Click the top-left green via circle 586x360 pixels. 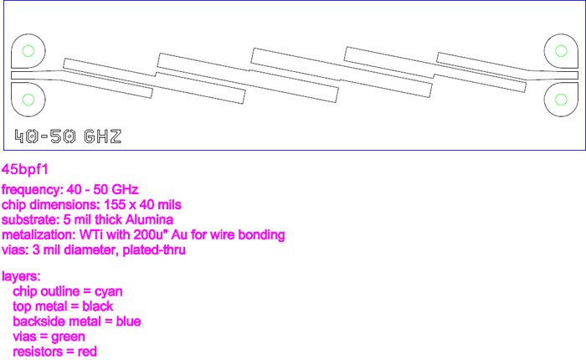pos(28,50)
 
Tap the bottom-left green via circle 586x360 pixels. pos(28,100)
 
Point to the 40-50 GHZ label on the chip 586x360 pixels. pos(68,136)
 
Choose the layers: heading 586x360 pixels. pos(21,276)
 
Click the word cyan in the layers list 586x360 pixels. pos(108,291)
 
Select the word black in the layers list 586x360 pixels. pos(96,306)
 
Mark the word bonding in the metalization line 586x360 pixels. pos(260,234)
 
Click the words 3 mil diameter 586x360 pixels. pos(74,249)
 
